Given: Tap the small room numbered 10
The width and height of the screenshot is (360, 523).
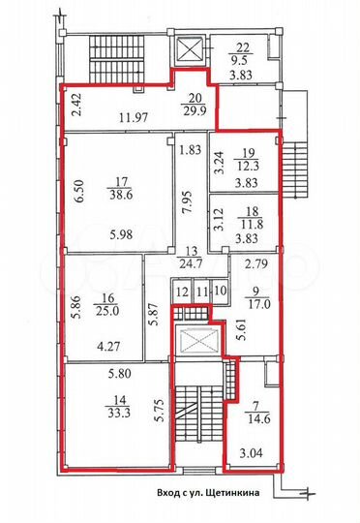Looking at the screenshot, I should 221,290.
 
